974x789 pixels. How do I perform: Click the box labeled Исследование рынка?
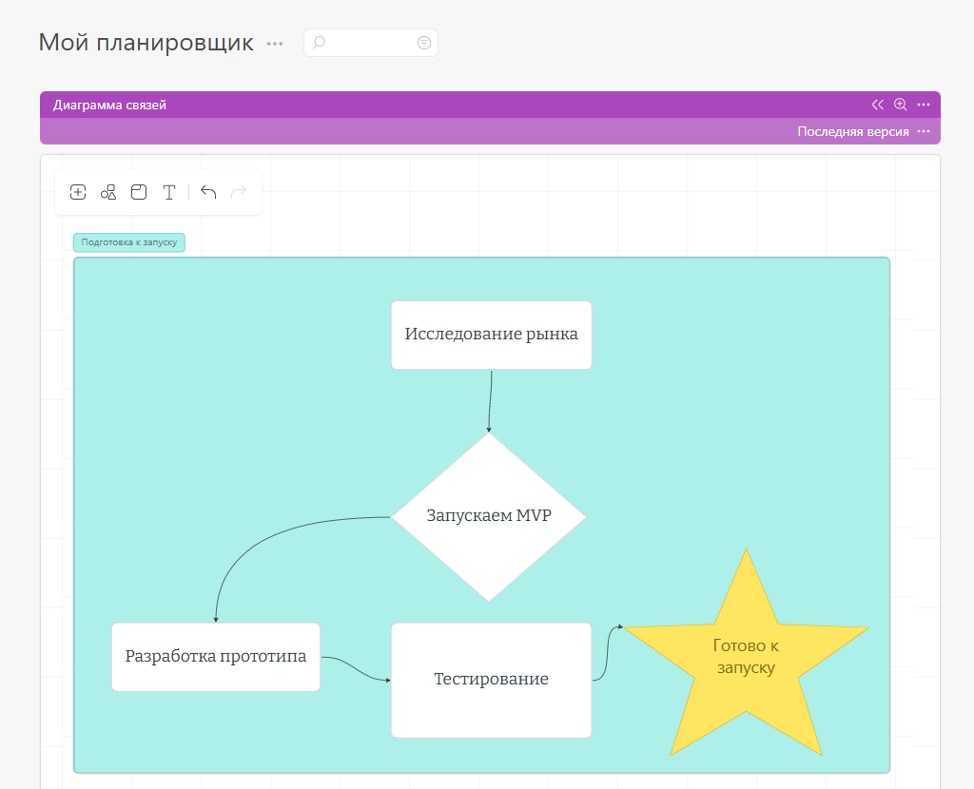[492, 336]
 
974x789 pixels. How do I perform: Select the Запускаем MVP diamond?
[489, 516]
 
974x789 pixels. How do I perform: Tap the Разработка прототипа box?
[216, 657]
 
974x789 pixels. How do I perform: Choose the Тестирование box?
[492, 681]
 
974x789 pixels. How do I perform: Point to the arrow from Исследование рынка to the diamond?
[490, 401]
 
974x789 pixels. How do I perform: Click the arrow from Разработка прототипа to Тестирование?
[356, 669]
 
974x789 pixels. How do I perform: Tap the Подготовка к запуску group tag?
[129, 242]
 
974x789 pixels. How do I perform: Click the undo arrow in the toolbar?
[208, 192]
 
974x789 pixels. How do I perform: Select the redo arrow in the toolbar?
[239, 192]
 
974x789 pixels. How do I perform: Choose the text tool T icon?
[169, 192]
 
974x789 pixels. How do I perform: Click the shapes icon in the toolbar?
[108, 192]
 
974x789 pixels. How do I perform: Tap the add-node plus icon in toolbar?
[78, 192]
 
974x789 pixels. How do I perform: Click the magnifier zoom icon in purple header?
[900, 105]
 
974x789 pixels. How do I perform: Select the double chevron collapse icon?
[877, 105]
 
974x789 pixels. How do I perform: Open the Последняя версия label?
[853, 131]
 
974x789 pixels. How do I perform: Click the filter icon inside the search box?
[423, 43]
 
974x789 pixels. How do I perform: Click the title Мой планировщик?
[146, 43]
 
